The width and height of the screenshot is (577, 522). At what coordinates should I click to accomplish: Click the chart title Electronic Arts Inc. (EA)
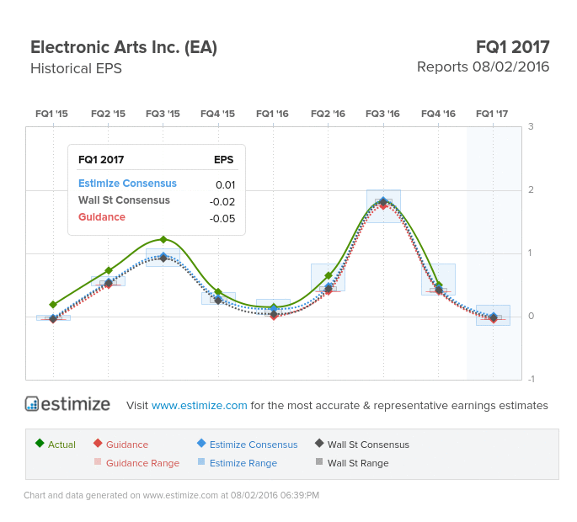point(124,47)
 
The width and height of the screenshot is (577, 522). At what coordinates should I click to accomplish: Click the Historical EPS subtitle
point(76,68)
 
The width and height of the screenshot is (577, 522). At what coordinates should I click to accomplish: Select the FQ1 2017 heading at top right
point(512,47)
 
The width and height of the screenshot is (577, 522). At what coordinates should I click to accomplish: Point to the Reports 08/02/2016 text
point(483,67)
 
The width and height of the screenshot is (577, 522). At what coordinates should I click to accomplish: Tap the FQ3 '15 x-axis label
point(163,114)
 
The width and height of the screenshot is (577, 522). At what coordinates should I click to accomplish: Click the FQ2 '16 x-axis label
point(328,114)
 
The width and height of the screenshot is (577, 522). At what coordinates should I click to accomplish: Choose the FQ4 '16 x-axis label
point(438,114)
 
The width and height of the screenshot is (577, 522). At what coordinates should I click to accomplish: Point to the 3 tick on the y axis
point(531,126)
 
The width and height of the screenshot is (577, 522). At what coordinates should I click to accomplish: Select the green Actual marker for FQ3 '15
point(163,240)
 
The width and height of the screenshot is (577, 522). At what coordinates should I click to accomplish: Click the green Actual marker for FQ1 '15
point(53,305)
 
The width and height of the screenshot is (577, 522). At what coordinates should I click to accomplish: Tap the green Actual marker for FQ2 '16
point(329,275)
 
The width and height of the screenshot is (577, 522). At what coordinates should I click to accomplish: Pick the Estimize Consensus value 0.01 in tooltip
point(225,184)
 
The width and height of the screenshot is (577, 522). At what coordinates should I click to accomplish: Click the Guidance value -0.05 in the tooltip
point(222,218)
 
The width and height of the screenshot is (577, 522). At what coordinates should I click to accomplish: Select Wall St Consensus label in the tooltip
point(124,200)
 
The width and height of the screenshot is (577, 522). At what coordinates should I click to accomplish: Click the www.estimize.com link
point(200,405)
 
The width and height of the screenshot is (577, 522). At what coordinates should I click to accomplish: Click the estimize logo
point(67,404)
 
